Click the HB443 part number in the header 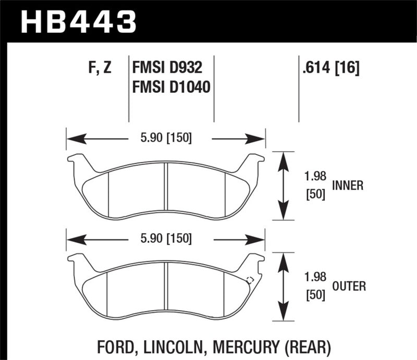78,22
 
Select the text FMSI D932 166,68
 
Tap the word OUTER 348,286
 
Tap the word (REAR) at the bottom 312,346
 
